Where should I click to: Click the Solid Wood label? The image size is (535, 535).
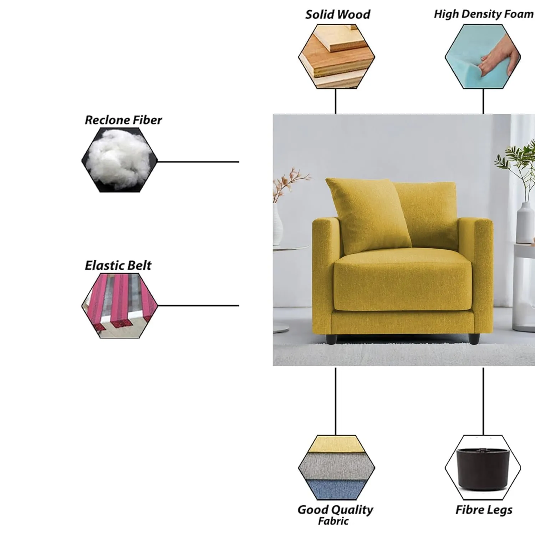[x=338, y=15]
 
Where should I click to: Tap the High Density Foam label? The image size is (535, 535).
[x=484, y=14]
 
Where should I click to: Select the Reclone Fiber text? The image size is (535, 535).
[x=123, y=120]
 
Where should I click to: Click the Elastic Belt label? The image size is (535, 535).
[x=118, y=265]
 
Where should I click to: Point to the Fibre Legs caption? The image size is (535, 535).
[x=484, y=510]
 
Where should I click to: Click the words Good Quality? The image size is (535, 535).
[x=335, y=509]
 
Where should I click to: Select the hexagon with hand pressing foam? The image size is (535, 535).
[x=483, y=56]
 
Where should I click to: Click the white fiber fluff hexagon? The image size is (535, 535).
[x=119, y=160]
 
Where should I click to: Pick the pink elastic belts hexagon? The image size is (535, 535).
[x=119, y=306]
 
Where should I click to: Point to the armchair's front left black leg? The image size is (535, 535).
[x=332, y=339]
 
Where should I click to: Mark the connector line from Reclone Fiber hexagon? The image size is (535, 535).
[x=198, y=162]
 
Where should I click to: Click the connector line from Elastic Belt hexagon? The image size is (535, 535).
[x=198, y=306]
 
